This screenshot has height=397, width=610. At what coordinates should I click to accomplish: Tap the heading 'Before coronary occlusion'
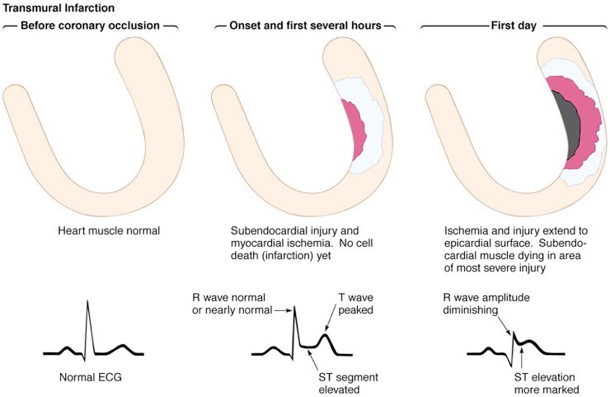coord(91,26)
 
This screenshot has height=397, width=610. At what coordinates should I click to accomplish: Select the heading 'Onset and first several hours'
coord(302,26)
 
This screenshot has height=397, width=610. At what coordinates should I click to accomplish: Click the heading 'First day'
coord(514,26)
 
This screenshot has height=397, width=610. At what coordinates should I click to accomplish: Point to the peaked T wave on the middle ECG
coord(327,338)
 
